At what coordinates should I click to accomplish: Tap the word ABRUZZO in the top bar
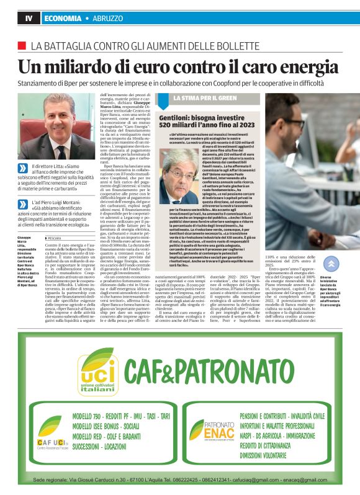109,19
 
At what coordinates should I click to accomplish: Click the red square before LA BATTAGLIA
22,45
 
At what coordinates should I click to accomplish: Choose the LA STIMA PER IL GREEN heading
201,98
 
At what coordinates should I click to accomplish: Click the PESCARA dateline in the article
54,221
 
